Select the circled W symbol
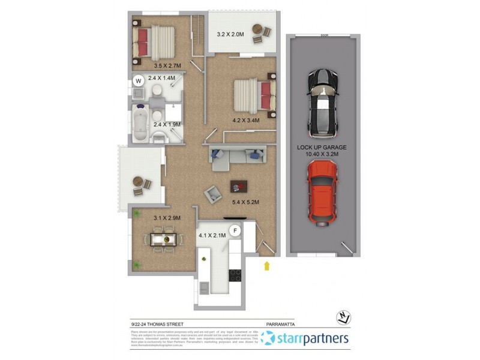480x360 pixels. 138,80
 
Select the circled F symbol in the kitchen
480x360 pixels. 236,230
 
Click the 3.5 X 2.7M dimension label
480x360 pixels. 167,65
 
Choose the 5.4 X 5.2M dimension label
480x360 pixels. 245,202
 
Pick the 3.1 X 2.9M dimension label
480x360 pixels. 167,218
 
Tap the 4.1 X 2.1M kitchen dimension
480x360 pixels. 212,236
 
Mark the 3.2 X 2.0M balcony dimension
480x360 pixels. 230,35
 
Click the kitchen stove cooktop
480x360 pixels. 235,275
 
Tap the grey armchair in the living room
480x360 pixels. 212,194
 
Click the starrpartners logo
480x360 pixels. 305,339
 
